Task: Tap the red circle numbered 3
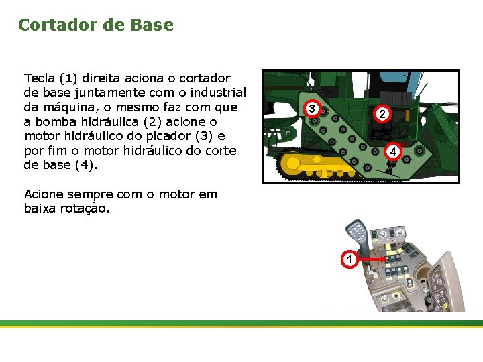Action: pyautogui.click(x=313, y=109)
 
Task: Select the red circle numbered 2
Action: pyautogui.click(x=380, y=115)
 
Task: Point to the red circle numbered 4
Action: pyautogui.click(x=394, y=152)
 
